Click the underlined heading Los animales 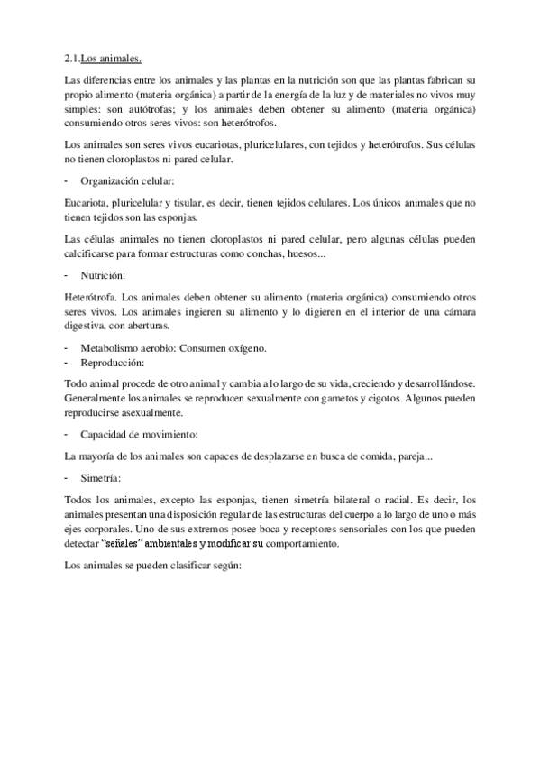click(112, 60)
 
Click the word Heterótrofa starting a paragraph click(91, 296)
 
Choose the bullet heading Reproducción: click(113, 362)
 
